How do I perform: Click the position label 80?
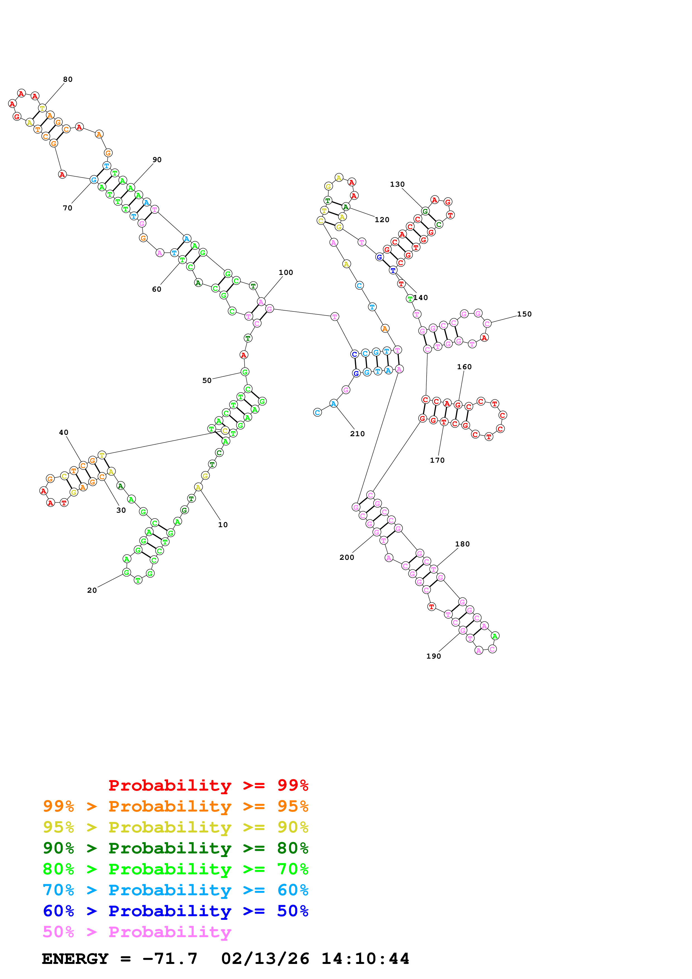68,79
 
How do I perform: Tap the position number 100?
286,272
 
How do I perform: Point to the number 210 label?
357,434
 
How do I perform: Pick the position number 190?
434,656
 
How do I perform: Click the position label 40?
64,432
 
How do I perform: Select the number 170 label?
437,460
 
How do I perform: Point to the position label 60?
157,289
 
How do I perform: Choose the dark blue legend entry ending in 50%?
175,911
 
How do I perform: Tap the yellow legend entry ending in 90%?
175,827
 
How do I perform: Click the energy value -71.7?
170,959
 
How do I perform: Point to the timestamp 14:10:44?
365,959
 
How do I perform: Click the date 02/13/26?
265,959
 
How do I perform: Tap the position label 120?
382,220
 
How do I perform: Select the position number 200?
347,557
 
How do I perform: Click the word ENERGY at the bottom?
75,959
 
